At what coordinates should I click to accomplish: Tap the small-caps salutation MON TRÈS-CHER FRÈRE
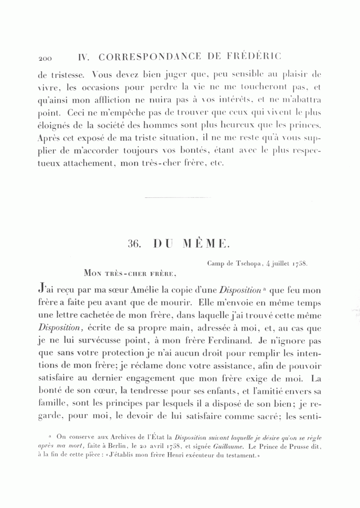130,274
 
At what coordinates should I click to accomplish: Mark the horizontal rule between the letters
172,197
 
